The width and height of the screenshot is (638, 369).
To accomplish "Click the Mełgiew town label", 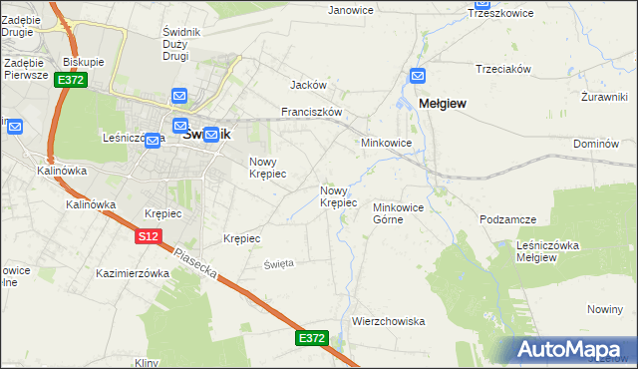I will [444, 103].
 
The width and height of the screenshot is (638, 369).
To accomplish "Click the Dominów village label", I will [596, 145].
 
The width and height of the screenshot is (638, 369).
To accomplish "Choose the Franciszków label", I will [312, 113].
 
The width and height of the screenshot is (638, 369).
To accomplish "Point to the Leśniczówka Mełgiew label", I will [550, 250].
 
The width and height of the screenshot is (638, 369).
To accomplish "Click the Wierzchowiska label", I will [389, 321].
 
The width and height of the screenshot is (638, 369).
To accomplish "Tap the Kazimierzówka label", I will [133, 272].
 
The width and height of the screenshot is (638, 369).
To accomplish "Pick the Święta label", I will [278, 263].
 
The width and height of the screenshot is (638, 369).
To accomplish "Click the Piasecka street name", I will [195, 261].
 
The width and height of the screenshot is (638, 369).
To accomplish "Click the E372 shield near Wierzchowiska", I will [311, 339].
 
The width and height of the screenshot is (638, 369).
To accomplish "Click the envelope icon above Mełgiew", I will [418, 75].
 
